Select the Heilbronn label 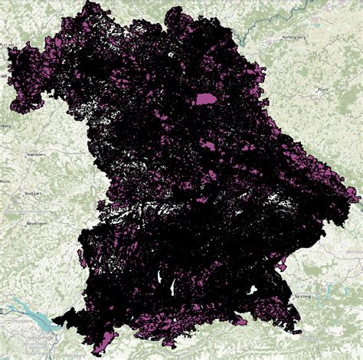(x=35, y=154)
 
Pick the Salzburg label (x=302, y=295)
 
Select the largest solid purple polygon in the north (x=206, y=99)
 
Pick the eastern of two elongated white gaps (x=175, y=286)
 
